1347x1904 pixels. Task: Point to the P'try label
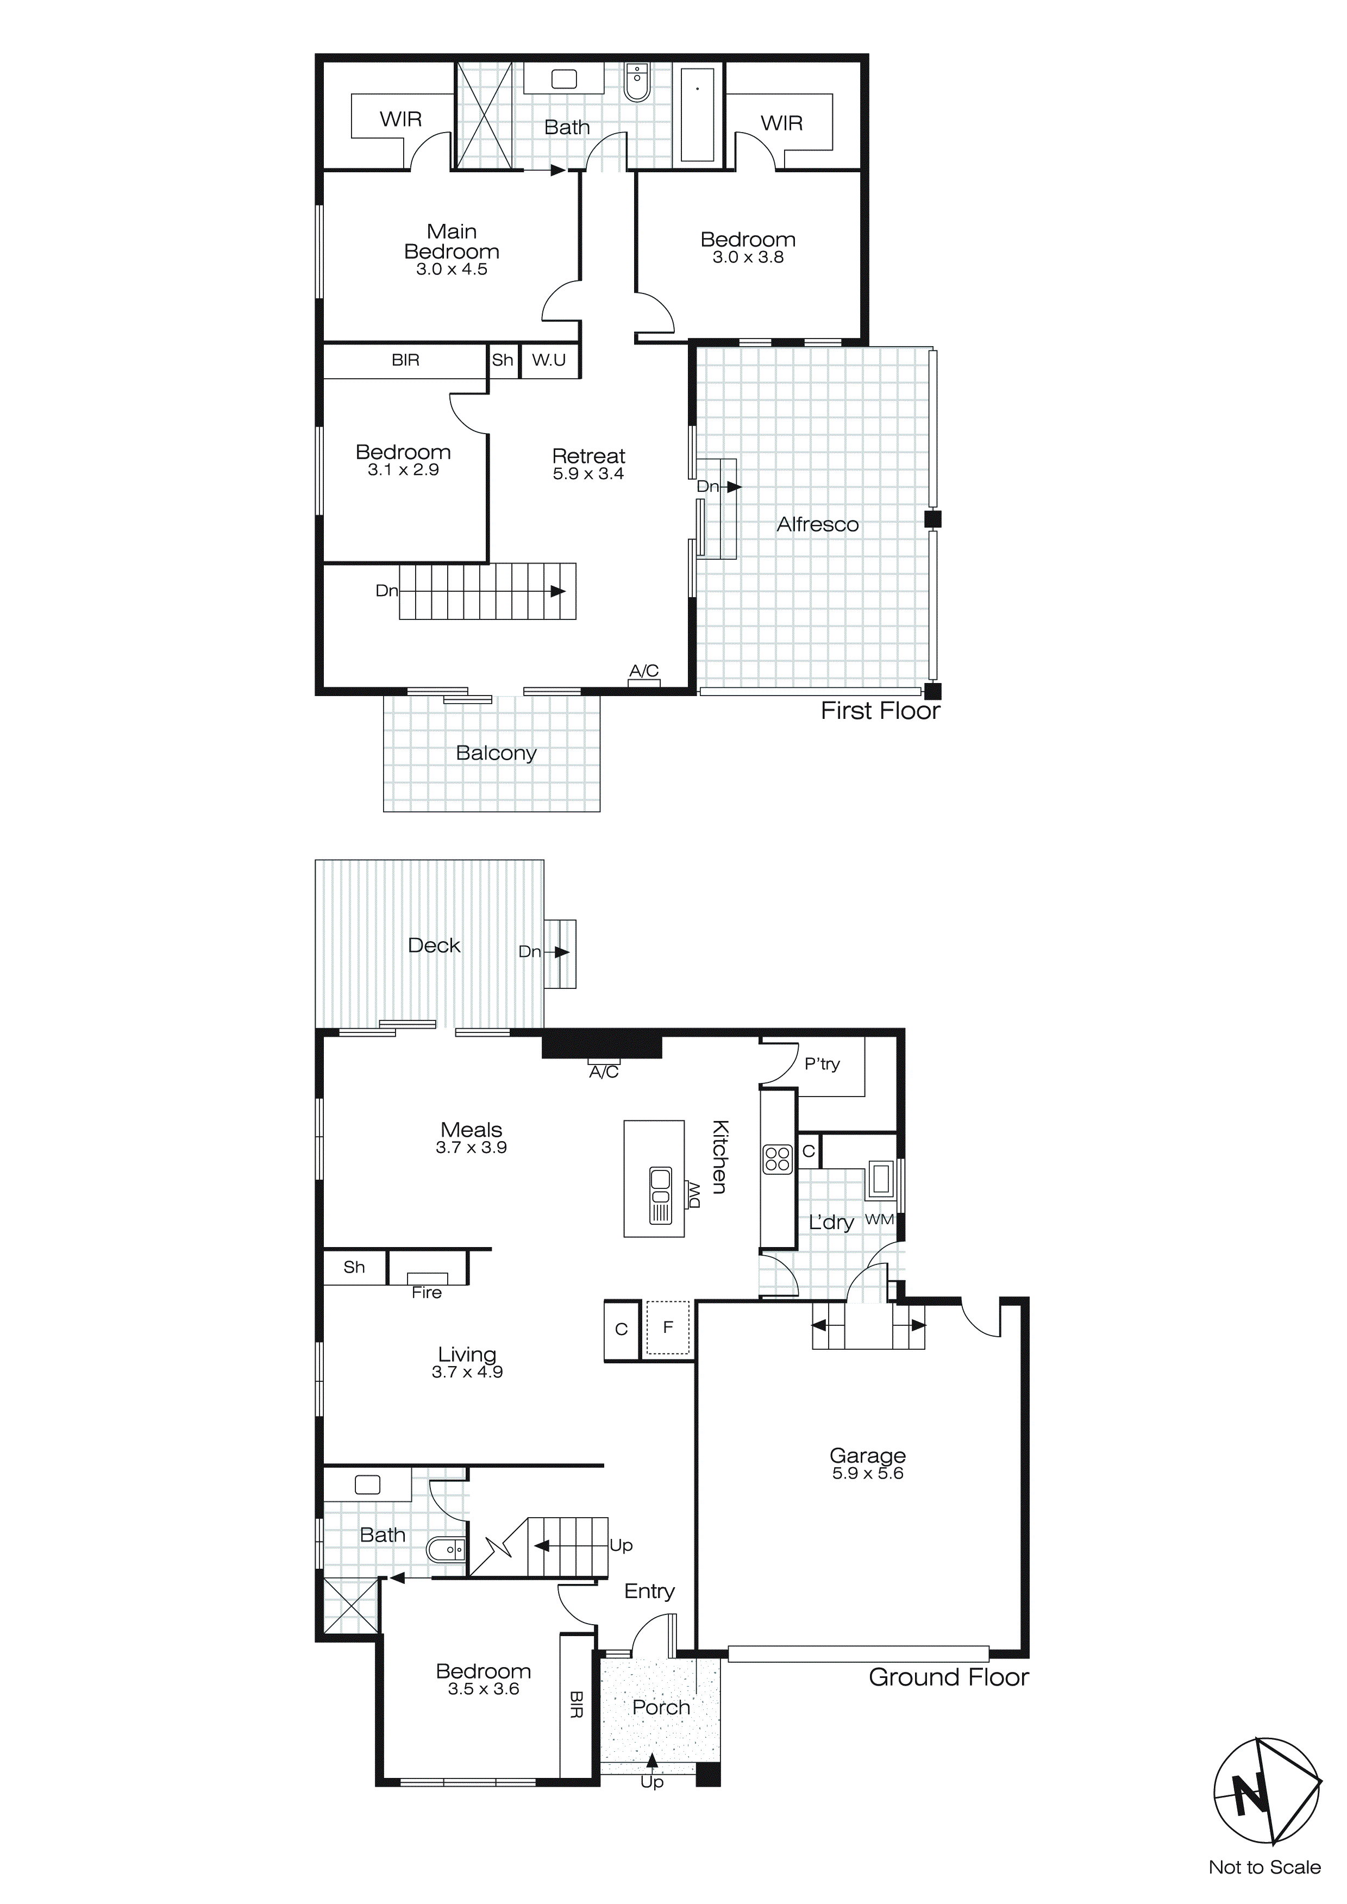(822, 1064)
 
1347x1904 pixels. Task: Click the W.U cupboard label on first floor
(548, 360)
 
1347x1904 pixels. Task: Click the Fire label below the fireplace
(427, 1293)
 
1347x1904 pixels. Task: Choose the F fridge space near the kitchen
(668, 1327)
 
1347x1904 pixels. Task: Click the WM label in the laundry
(879, 1219)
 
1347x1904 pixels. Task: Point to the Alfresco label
(817, 524)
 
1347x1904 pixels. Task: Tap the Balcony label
(496, 753)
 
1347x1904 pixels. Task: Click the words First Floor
(880, 711)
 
